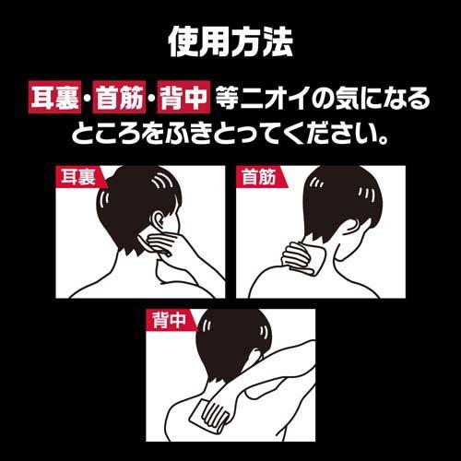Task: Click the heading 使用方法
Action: pyautogui.click(x=230, y=40)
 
